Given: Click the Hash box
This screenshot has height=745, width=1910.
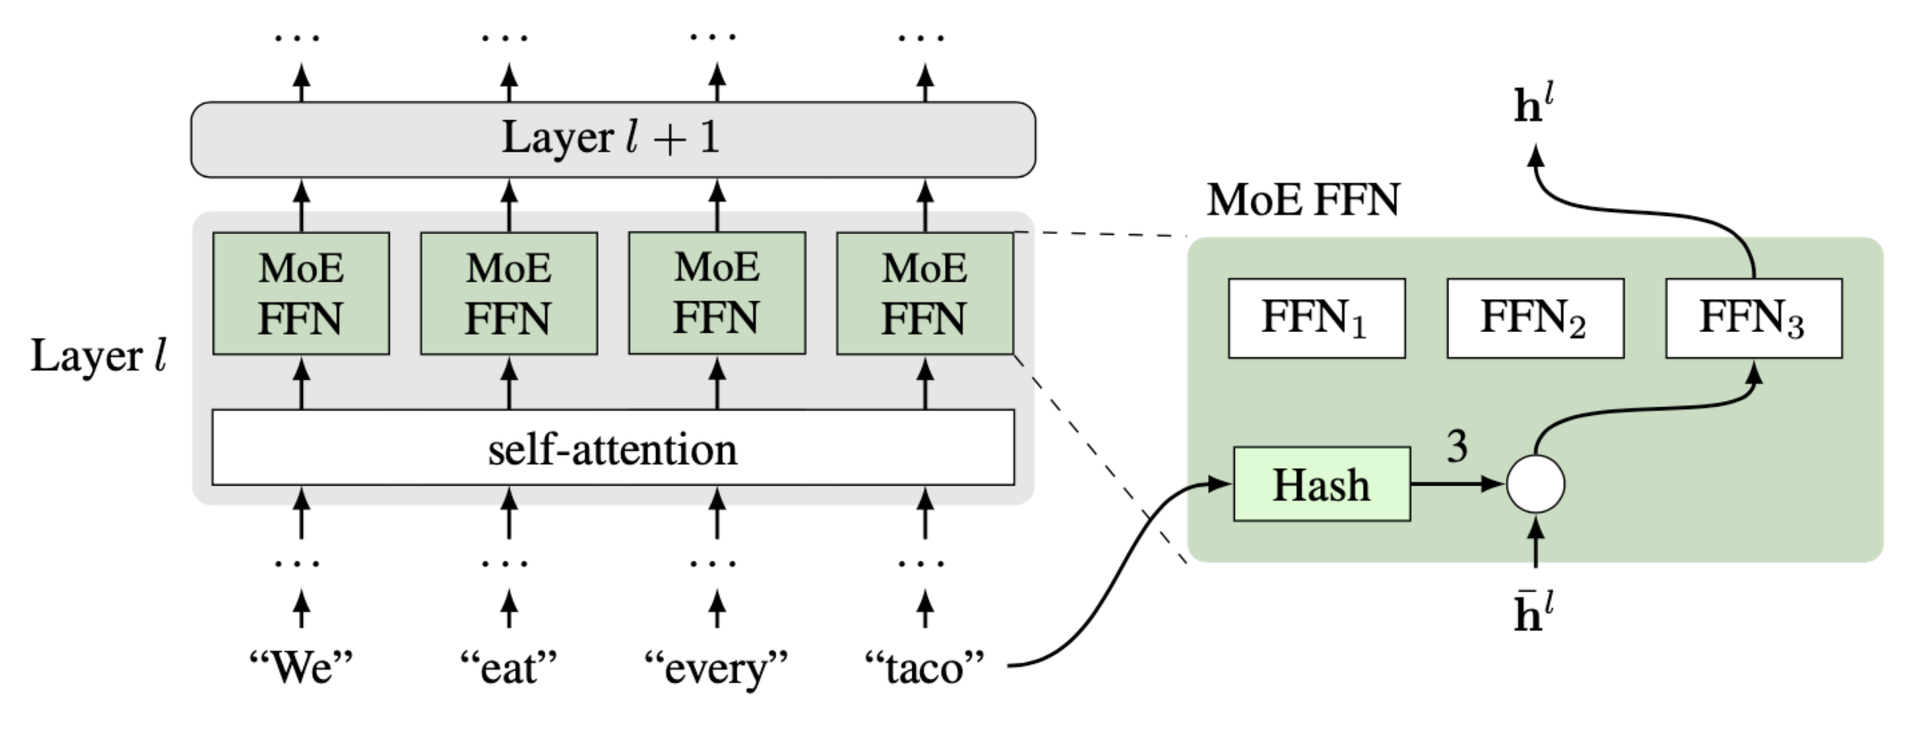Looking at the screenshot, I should tap(1321, 484).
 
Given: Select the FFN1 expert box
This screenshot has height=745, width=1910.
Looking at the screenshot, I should tap(1316, 318).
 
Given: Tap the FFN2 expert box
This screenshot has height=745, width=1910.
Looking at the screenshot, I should tap(1534, 318).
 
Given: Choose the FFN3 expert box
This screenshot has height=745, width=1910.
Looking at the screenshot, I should tap(1753, 318).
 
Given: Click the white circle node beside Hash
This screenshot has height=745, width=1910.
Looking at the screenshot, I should tap(1534, 484).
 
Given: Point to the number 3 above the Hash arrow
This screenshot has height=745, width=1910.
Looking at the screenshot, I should tap(1457, 447).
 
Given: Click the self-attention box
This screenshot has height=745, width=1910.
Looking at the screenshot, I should tap(613, 448).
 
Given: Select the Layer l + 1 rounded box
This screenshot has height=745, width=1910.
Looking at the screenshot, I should tap(613, 139).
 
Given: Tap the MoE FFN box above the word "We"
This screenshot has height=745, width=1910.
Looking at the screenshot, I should tap(300, 293).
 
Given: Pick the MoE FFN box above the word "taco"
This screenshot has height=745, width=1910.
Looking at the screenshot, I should tap(924, 293).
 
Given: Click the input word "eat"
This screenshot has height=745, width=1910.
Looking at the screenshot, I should tap(508, 668).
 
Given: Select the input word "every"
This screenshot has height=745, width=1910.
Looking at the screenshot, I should tap(716, 668).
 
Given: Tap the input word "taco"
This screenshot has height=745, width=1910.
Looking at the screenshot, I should tap(924, 668).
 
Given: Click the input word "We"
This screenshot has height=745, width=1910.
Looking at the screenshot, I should tap(300, 668).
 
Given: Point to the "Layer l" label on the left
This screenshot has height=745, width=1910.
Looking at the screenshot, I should tap(99, 356).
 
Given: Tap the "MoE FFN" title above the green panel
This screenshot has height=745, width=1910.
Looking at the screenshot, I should tap(1303, 199).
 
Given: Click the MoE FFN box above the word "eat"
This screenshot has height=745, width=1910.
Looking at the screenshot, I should tap(508, 293).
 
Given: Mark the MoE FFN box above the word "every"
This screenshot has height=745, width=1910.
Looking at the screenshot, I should tap(716, 293).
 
